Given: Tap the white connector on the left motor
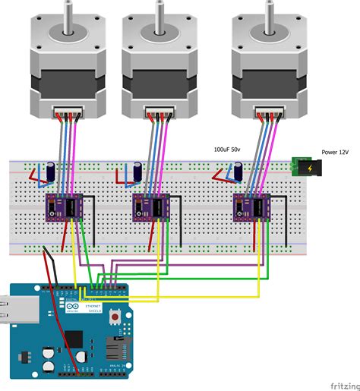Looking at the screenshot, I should click(x=66, y=114).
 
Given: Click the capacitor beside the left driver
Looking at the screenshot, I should click(x=49, y=170).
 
